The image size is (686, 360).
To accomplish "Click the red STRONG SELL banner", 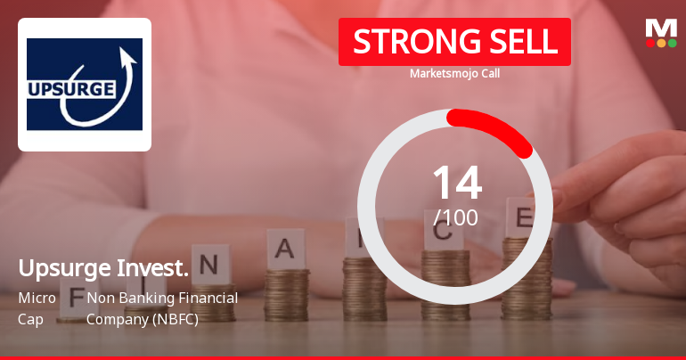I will [x=454, y=42].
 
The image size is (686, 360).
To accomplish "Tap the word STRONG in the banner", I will [x=408, y=42].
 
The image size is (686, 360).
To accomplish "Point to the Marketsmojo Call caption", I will [x=454, y=73].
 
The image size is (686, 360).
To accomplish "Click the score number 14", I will [x=456, y=184].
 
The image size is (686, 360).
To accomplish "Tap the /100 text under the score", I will [x=455, y=217].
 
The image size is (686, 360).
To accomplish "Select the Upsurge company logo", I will [x=85, y=85].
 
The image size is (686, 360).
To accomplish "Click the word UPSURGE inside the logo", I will [x=72, y=89].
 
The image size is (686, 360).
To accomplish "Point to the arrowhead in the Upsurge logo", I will [x=127, y=61].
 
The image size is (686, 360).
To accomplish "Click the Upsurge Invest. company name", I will [x=103, y=267].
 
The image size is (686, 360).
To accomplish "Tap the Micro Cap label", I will [x=37, y=307].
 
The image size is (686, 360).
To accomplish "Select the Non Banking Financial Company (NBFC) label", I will [x=162, y=307].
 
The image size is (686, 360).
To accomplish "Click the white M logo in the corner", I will [x=661, y=28].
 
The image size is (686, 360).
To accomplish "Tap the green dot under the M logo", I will [x=672, y=43].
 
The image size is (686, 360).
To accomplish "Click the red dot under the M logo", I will [x=650, y=43].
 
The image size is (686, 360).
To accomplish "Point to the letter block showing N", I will [x=209, y=265].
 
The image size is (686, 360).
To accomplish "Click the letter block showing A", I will [x=285, y=249].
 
